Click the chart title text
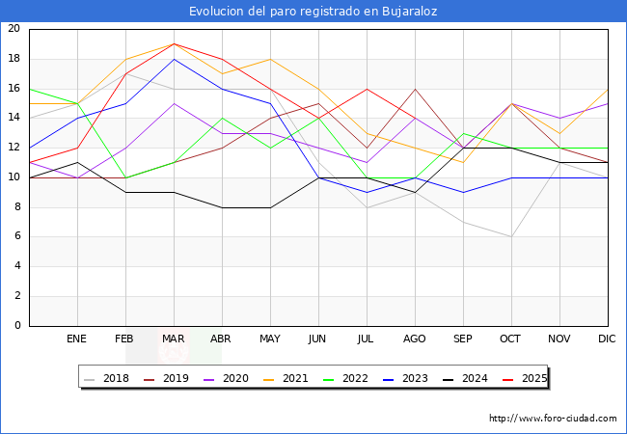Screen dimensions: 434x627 [x=313, y=11]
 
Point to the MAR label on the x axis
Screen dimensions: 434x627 [x=174, y=339]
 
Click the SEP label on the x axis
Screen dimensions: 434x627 [x=463, y=339]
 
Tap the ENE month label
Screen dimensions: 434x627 [x=77, y=339]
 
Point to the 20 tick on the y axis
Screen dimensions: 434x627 [x=14, y=29]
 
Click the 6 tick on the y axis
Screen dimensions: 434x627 [x=16, y=236]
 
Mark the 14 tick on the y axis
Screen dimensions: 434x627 [x=14, y=118]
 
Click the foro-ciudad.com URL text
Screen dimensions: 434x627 [x=553, y=419]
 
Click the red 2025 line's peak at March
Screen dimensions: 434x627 [x=174, y=43]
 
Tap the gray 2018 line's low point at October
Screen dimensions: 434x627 [x=511, y=236]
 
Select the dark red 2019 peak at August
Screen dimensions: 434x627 [x=415, y=89]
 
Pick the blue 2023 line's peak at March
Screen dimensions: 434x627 [x=174, y=59]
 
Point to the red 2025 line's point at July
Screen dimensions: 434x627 [x=367, y=89]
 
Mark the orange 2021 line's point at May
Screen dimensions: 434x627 [x=270, y=59]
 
